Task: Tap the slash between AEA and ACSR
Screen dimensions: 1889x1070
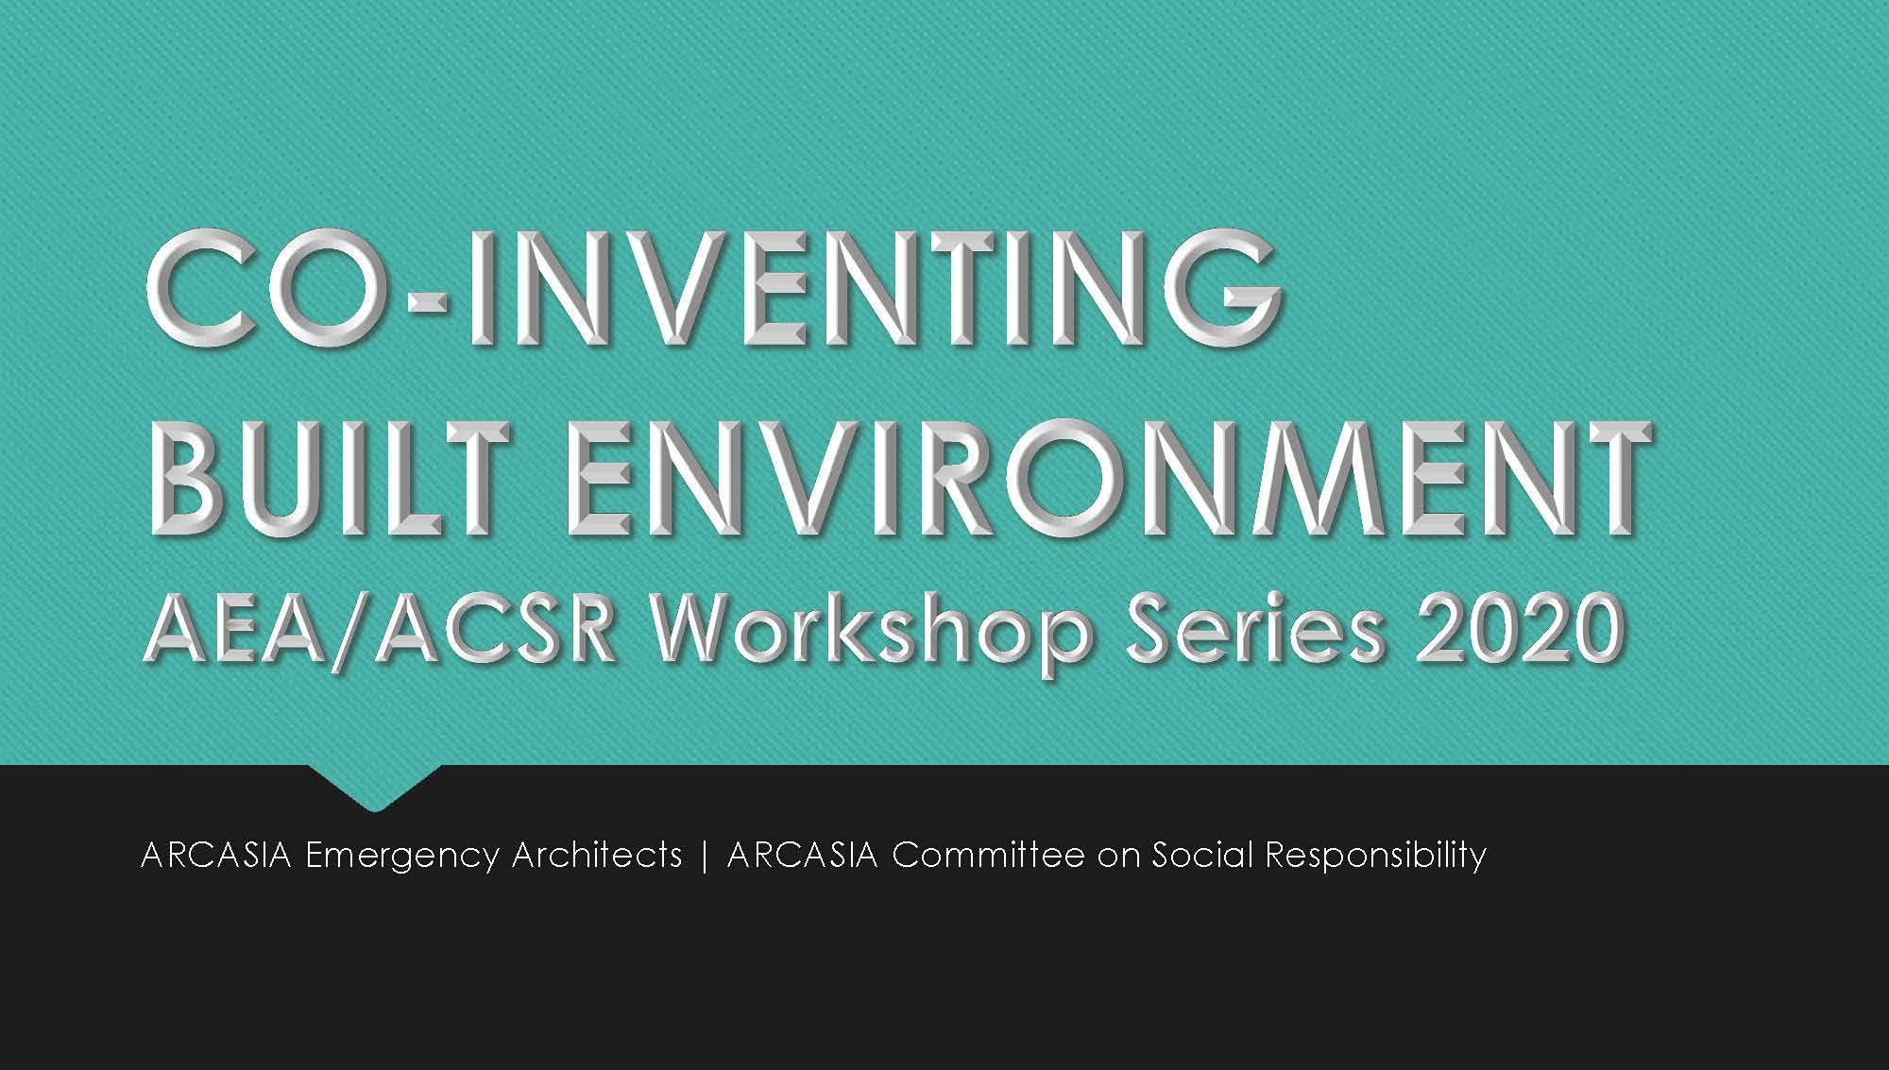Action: pyautogui.click(x=353, y=631)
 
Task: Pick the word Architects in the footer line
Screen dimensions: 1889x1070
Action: pyautogui.click(x=597, y=855)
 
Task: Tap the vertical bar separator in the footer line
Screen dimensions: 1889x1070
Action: pyautogui.click(x=705, y=856)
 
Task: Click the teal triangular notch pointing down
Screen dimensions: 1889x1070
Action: pyautogui.click(x=375, y=784)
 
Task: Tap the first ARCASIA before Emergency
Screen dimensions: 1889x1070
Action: pyautogui.click(x=216, y=855)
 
